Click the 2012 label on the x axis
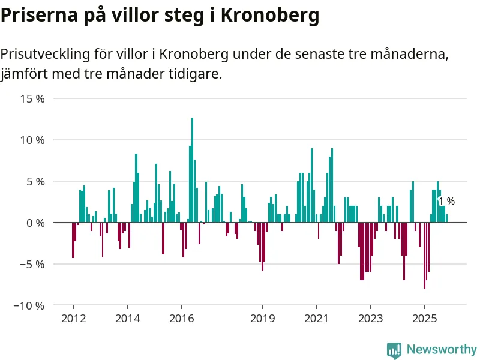point(73,318)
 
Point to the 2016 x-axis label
point(181,318)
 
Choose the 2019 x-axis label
point(262,318)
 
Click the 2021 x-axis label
point(316,318)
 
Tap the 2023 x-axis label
point(370,318)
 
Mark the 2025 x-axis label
point(424,318)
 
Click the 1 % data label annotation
point(446,202)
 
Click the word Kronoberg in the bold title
point(270,16)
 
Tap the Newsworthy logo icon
point(394,350)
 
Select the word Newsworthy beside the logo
point(442,350)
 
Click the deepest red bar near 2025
point(424,256)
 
